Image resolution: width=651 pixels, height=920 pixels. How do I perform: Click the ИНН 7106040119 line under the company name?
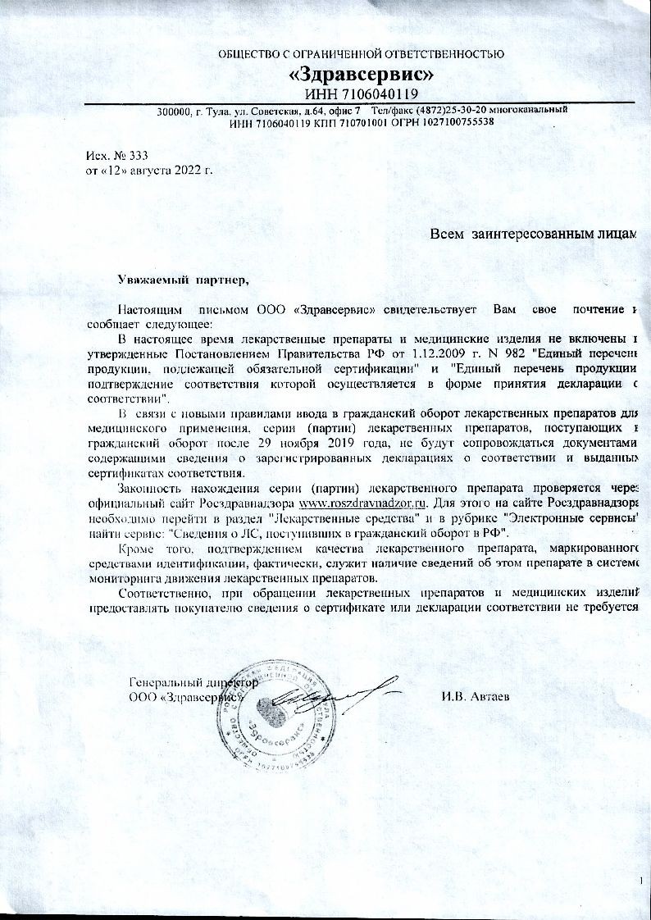click(x=362, y=94)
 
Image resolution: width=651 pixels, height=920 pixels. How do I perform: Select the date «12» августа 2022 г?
click(x=155, y=170)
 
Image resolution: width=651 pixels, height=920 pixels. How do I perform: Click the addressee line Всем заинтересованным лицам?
click(x=534, y=235)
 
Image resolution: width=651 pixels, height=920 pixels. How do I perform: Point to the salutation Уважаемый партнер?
click(x=183, y=280)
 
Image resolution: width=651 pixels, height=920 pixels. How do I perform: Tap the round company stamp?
click(x=275, y=713)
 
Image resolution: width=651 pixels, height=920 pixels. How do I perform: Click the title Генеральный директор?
click(x=194, y=682)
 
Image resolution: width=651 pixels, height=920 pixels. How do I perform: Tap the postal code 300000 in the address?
click(x=174, y=110)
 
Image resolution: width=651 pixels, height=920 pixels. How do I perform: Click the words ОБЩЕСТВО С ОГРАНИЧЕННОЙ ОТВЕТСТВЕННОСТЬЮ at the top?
click(x=361, y=54)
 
